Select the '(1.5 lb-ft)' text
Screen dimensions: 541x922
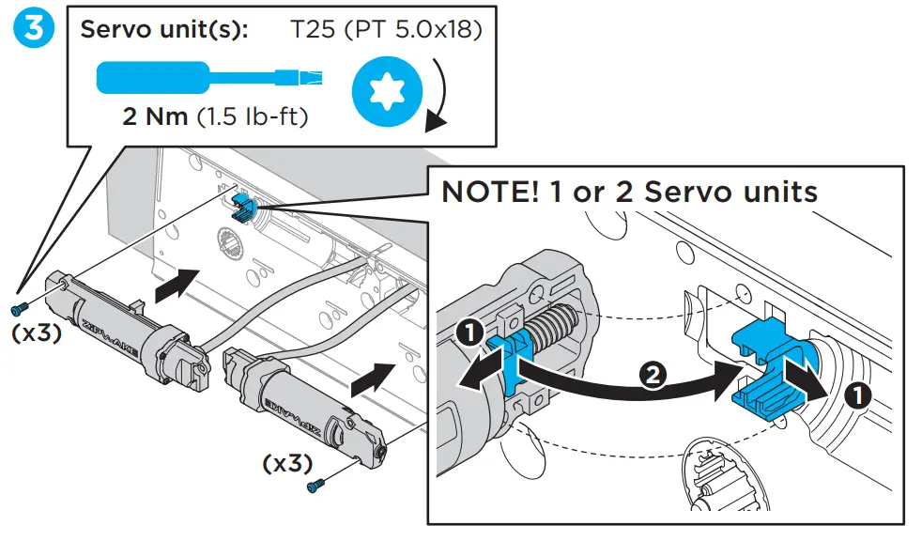(x=253, y=118)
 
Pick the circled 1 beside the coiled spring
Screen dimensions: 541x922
(x=469, y=332)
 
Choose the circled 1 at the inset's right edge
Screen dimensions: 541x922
(x=856, y=394)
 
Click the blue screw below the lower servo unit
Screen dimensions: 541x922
(x=316, y=486)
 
